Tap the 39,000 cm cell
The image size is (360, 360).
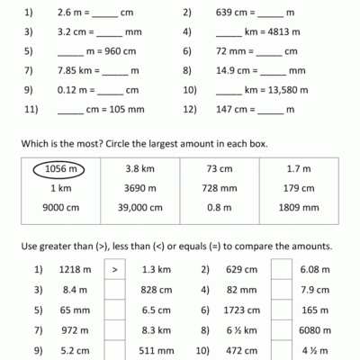(x=139, y=210)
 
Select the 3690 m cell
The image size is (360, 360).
(x=139, y=189)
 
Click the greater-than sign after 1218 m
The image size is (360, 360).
(x=114, y=268)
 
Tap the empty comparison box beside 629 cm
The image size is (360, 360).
(x=280, y=268)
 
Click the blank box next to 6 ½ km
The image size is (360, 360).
(x=280, y=329)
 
